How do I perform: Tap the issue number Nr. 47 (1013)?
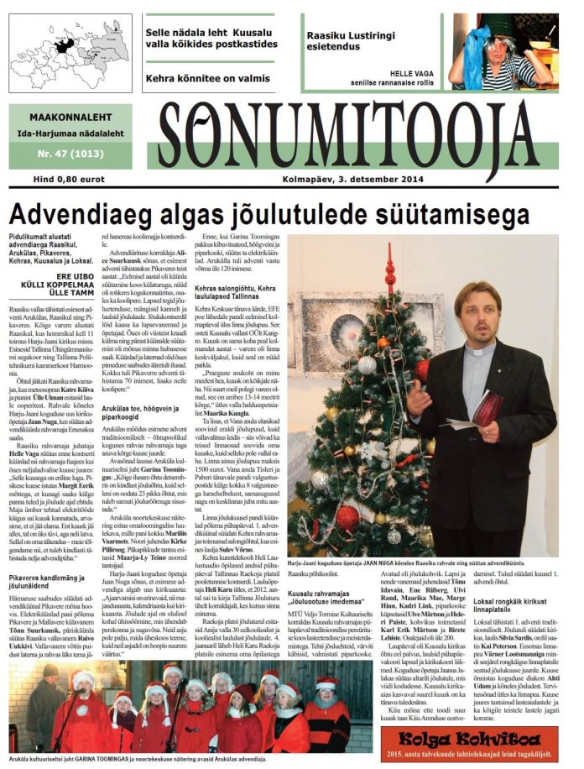click(x=68, y=154)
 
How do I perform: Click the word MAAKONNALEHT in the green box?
click(x=69, y=118)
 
